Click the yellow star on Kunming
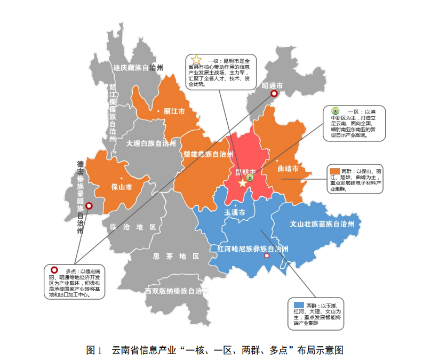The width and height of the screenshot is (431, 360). pyautogui.click(x=243, y=183)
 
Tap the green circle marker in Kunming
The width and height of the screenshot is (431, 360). pyautogui.click(x=250, y=178)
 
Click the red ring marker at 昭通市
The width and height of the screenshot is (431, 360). pyautogui.click(x=274, y=94)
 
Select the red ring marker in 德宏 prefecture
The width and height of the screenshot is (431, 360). pyautogui.click(x=89, y=205)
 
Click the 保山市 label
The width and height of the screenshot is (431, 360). pyautogui.click(x=122, y=187)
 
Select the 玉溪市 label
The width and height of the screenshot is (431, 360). pyautogui.click(x=235, y=213)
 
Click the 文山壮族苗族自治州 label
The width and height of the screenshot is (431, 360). pyautogui.click(x=322, y=225)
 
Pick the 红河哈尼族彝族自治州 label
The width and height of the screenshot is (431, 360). pyautogui.click(x=253, y=249)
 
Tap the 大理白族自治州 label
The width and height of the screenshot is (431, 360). pyautogui.click(x=151, y=143)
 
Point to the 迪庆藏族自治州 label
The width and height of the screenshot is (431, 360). pyautogui.click(x=138, y=68)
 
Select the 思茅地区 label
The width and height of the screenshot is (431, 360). pyautogui.click(x=175, y=256)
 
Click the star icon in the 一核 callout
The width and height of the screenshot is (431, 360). pyautogui.click(x=196, y=60)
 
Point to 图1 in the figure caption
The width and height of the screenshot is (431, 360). pyautogui.click(x=94, y=350)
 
